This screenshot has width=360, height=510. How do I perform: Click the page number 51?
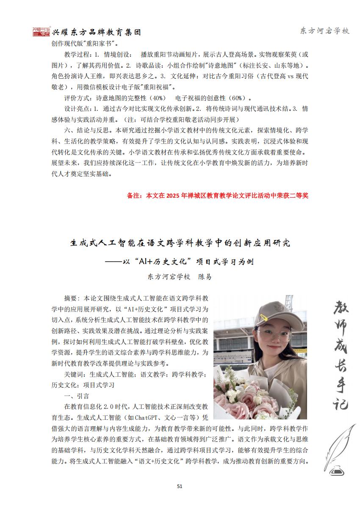(x=180, y=486)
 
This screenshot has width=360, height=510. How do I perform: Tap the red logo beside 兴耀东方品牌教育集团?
(x=42, y=32)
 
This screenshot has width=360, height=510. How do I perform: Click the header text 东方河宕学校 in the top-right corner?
(x=324, y=31)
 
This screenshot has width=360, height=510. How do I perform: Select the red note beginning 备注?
(x=217, y=196)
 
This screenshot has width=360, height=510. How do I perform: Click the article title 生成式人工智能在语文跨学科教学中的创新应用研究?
(x=180, y=243)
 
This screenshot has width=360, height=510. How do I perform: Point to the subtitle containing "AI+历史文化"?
(x=180, y=261)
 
